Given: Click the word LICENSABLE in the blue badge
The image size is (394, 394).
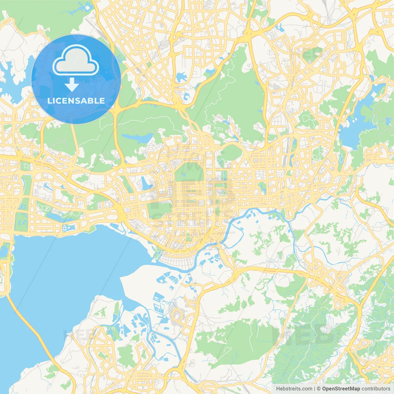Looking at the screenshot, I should [76, 101].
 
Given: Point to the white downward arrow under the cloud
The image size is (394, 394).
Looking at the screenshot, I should [72, 85].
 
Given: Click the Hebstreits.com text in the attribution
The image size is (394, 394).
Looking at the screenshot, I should [294, 389].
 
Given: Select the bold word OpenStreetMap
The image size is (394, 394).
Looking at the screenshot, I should [341, 389].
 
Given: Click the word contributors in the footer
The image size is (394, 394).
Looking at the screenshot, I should [376, 389].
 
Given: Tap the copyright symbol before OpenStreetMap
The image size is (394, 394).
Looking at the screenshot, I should [319, 389].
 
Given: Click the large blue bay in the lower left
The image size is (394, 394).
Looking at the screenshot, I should [62, 277].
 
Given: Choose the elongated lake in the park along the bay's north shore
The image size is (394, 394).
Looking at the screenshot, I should [57, 217].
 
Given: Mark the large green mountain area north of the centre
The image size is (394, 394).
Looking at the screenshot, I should [234, 92].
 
